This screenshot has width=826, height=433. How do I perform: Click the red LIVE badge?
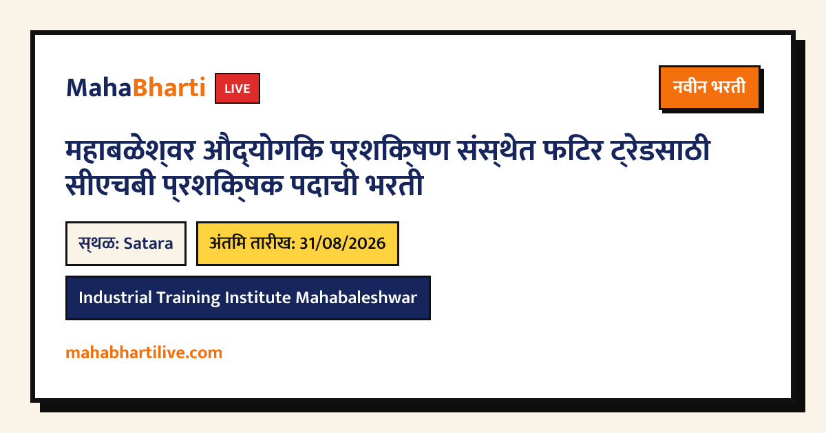(x=237, y=89)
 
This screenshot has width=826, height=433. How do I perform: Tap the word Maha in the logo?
(x=99, y=88)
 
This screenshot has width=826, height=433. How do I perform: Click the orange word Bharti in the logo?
(x=169, y=88)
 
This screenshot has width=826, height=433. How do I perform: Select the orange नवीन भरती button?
(x=710, y=88)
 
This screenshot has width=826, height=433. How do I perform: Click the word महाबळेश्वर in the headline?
(x=130, y=151)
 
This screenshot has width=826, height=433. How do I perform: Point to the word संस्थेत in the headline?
(x=496, y=151)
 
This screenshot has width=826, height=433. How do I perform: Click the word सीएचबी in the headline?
(x=110, y=184)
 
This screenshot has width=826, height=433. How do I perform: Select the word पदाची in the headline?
(x=324, y=184)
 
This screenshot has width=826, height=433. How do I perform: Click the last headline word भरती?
(x=394, y=184)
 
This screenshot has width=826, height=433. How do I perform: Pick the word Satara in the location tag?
(x=148, y=243)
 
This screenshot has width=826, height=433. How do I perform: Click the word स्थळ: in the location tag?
(x=99, y=243)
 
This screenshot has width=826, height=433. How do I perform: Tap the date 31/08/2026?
(x=343, y=243)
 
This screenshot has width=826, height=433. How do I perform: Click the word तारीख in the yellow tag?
(x=273, y=243)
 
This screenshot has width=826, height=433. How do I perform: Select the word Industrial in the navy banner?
(x=115, y=298)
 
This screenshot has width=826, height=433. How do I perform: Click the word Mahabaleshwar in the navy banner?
(x=357, y=298)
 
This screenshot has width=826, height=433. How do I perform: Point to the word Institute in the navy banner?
(x=257, y=298)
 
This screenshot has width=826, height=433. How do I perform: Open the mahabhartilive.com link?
(x=144, y=353)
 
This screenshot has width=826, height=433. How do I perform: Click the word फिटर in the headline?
(x=573, y=150)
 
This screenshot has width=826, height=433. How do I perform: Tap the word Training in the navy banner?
(x=189, y=298)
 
